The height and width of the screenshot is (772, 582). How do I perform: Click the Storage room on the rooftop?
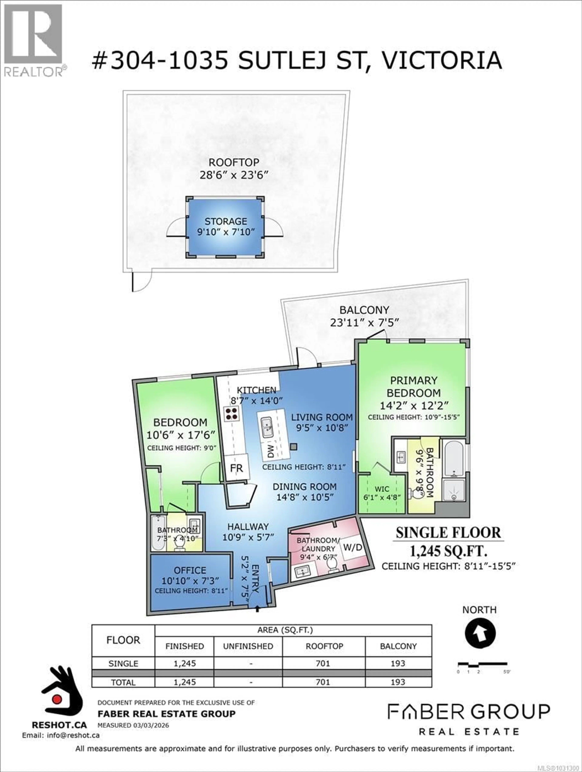pos(225,227)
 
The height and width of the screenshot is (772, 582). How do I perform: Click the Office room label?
pos(190,570)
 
